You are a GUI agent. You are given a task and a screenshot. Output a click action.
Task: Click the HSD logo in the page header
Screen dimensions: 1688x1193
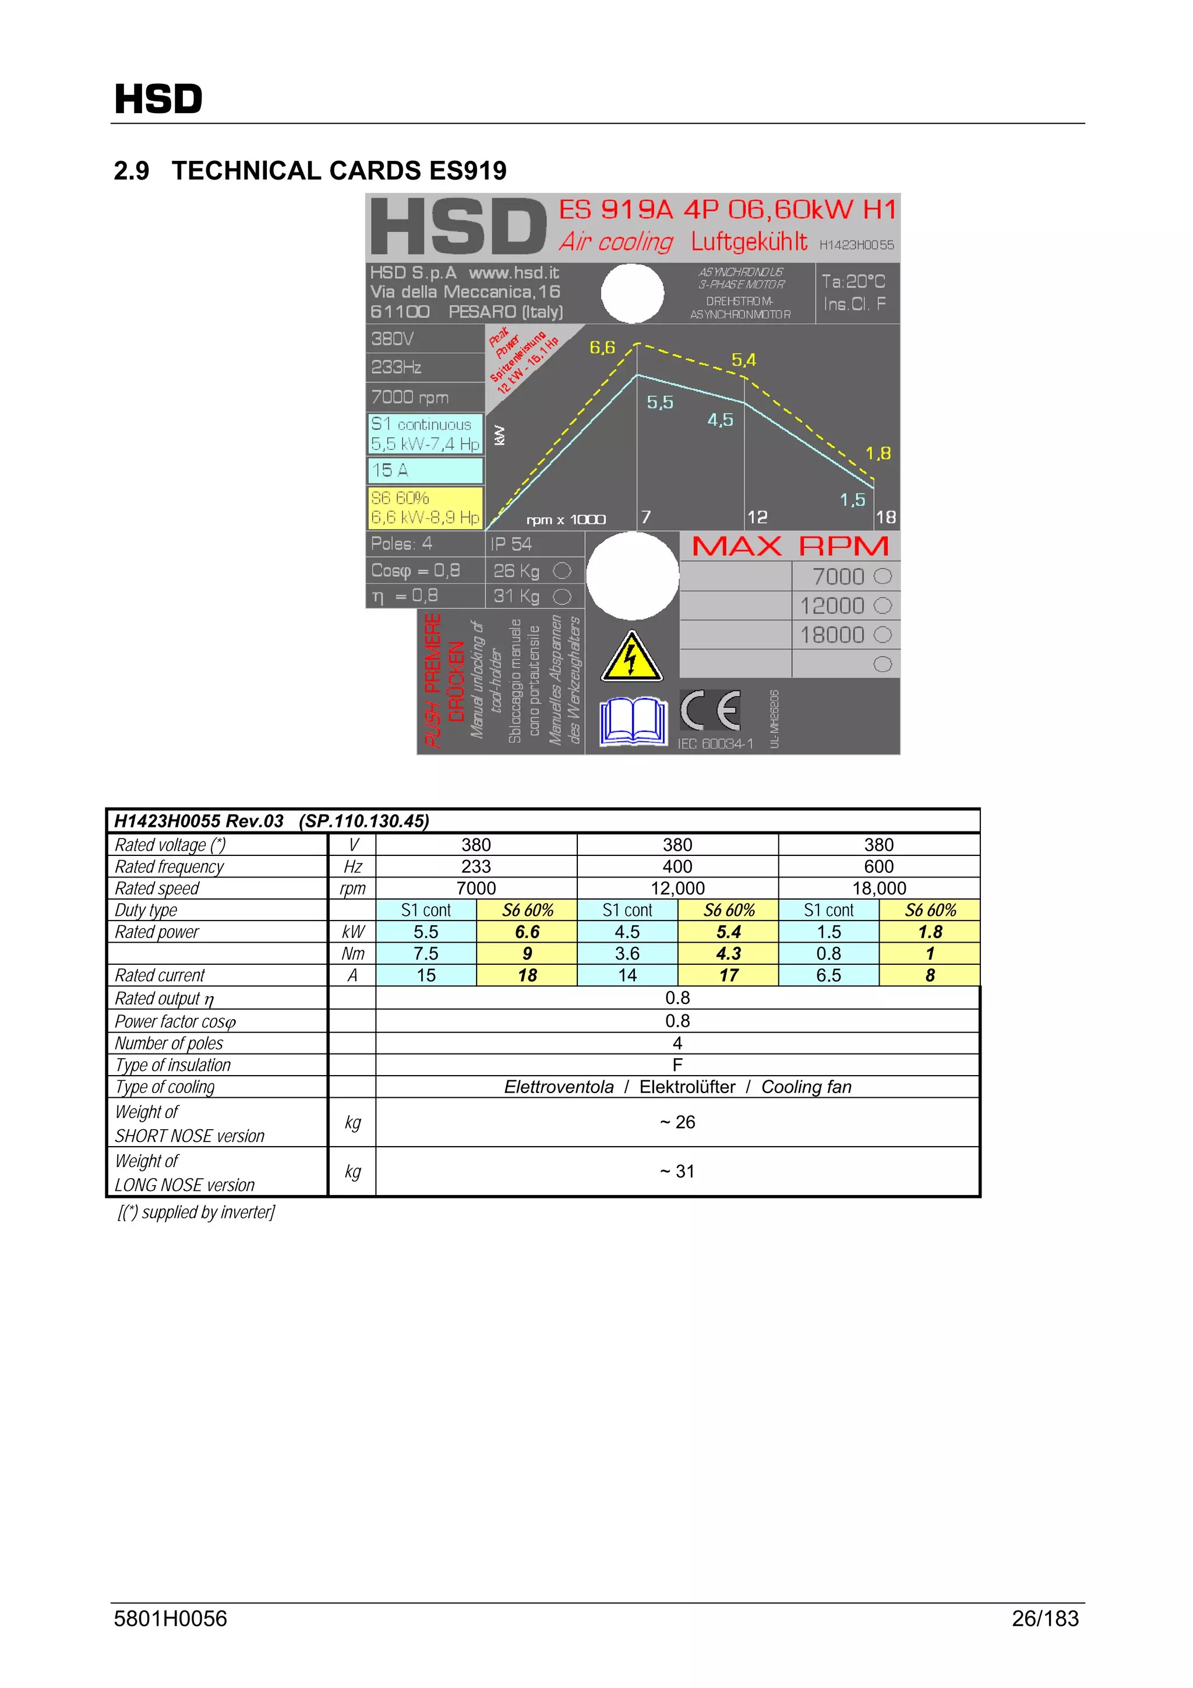point(158,98)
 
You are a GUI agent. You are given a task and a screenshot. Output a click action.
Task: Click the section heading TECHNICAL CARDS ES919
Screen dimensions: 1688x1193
point(309,171)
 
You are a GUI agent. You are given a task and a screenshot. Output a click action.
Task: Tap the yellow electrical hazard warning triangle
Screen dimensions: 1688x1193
point(631,657)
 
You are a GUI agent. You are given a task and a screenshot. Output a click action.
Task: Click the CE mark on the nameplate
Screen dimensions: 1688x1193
point(710,710)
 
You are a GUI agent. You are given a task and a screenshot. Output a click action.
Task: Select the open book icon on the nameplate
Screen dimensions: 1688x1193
point(633,721)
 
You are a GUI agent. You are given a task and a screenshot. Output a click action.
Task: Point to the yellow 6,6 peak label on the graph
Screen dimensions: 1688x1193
point(602,347)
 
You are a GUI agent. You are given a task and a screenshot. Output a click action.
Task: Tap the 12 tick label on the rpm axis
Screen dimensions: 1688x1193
point(757,517)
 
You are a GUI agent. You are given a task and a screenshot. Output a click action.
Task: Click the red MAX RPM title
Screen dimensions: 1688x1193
point(790,546)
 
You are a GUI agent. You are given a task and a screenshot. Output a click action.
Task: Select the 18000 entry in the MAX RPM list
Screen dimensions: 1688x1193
point(832,635)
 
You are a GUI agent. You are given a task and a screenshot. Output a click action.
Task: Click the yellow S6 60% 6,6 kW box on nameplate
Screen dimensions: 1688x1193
point(425,508)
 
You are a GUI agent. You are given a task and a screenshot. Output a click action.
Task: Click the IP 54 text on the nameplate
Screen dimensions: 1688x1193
point(511,544)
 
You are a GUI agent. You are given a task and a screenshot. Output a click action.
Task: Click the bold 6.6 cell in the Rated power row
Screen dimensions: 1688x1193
point(527,932)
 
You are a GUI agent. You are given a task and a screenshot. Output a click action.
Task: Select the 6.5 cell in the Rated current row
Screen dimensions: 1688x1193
point(828,975)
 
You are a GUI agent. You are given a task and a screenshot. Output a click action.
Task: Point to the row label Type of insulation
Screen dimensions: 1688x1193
point(173,1065)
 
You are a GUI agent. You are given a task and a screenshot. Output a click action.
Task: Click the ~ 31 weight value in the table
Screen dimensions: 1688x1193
point(677,1172)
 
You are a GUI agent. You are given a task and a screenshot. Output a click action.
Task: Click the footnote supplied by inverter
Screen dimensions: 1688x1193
point(196,1213)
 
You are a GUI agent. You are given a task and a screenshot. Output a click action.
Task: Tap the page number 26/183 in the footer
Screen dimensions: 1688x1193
point(1044,1618)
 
